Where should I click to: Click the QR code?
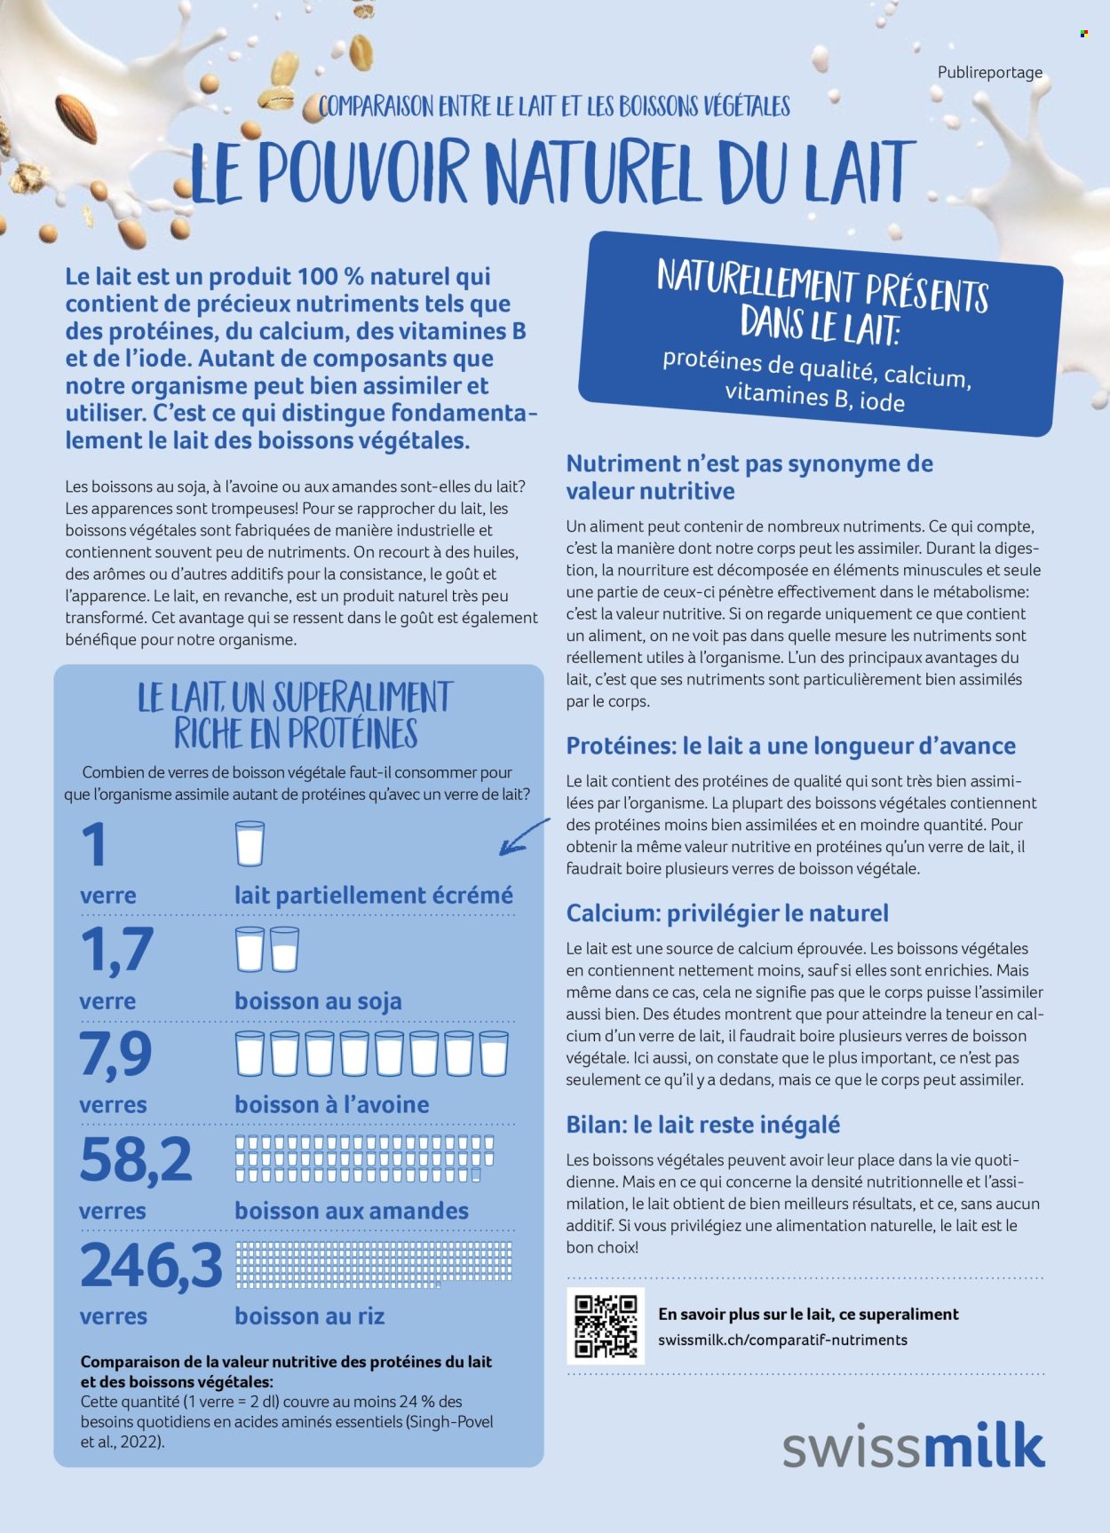(606, 1326)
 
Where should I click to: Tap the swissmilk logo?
(913, 1446)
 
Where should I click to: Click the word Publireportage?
(990, 73)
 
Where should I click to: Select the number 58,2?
(136, 1160)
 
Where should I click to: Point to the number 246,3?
(151, 1266)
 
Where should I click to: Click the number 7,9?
(116, 1055)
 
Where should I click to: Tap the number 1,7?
(116, 949)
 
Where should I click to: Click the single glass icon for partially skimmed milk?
(250, 843)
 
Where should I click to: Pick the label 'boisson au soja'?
(318, 1001)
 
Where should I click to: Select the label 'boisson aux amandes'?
(352, 1211)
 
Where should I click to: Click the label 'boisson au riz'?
(309, 1316)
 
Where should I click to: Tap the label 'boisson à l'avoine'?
(331, 1105)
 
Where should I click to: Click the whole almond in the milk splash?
(76, 117)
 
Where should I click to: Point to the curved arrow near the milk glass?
(524, 837)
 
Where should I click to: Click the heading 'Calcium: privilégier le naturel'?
(727, 913)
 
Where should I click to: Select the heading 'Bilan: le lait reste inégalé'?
(702, 1125)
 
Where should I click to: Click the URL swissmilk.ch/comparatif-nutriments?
(782, 1340)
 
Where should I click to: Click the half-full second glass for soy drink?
(284, 950)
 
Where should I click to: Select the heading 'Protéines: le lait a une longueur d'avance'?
(790, 746)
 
